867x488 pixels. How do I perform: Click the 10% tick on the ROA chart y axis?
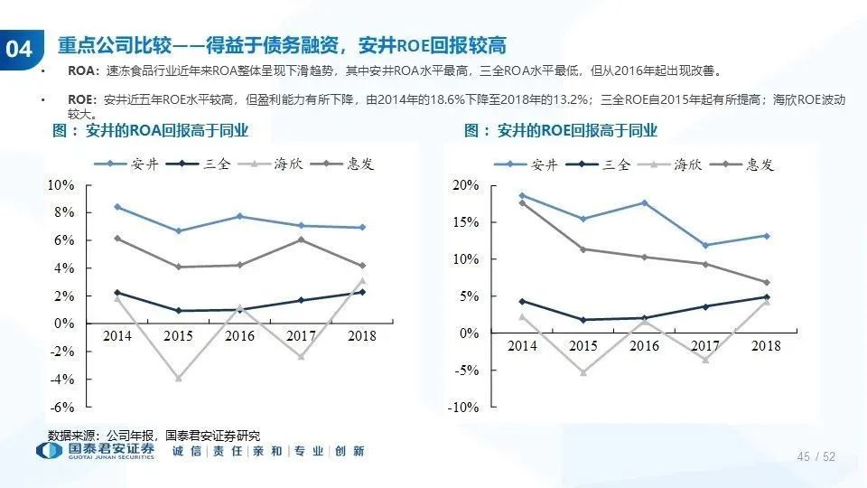61,184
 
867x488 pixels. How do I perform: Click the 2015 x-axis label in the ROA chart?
178,336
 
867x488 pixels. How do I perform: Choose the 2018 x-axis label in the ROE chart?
766,346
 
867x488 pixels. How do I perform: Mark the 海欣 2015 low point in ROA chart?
179,378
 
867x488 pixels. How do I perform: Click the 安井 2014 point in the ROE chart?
522,195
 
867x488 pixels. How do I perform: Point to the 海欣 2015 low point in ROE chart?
583,372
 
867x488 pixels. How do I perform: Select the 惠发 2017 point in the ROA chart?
301,239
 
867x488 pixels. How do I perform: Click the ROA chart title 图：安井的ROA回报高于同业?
150,131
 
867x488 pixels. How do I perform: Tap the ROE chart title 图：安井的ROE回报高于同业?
561,131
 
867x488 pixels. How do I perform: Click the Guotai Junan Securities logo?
95,451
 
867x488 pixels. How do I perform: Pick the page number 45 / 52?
816,457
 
